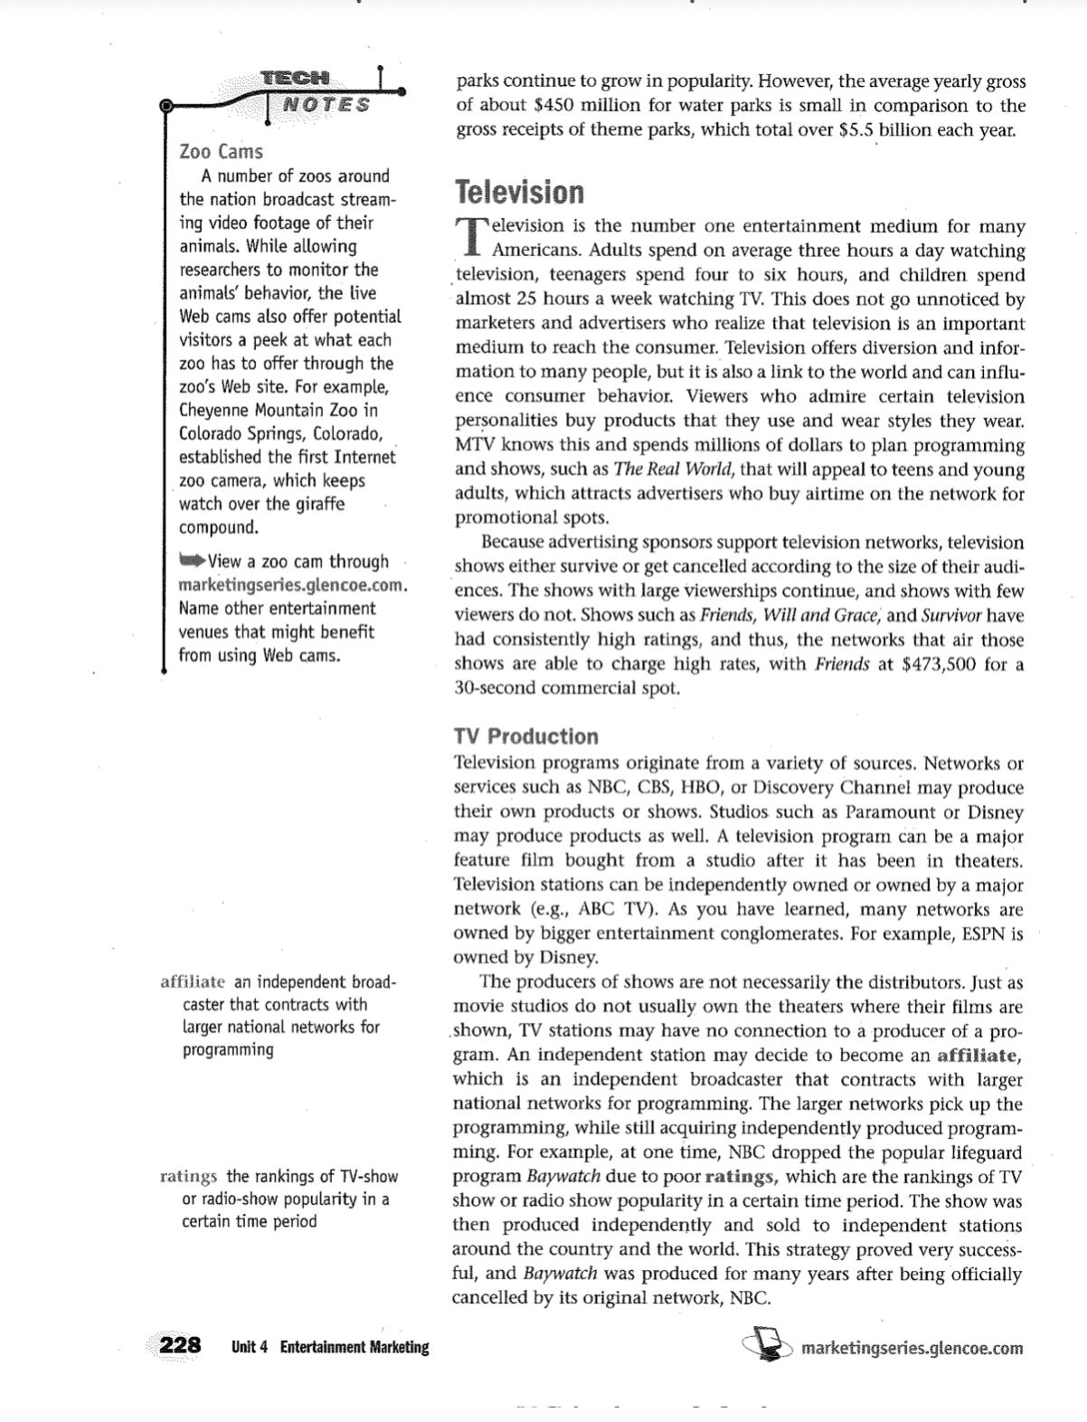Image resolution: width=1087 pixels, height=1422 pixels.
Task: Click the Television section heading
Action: [519, 193]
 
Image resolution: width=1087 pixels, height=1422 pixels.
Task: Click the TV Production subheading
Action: [525, 736]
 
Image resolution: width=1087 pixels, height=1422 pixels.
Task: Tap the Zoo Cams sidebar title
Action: [221, 151]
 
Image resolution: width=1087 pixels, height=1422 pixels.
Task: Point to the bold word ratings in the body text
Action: [740, 1177]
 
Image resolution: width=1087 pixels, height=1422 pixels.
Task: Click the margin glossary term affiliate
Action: [192, 982]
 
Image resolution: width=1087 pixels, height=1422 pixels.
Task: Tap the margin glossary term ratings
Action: [188, 1177]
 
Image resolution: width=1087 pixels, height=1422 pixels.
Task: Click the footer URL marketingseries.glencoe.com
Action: [912, 1349]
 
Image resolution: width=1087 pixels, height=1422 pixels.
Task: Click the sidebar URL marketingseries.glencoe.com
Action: [292, 585]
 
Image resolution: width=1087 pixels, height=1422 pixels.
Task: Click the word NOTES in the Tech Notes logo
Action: [326, 104]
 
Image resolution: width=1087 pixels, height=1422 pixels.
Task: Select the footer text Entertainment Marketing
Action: [354, 1347]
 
